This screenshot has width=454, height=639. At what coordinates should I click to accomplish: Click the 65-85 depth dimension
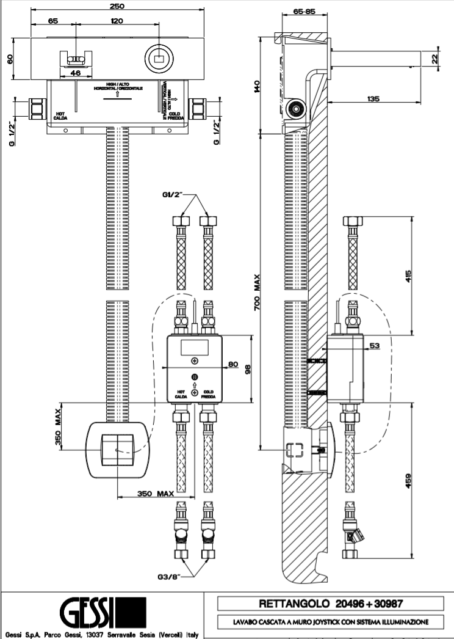coord(304,11)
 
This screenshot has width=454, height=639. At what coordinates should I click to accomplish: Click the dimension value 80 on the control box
coord(232,365)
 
